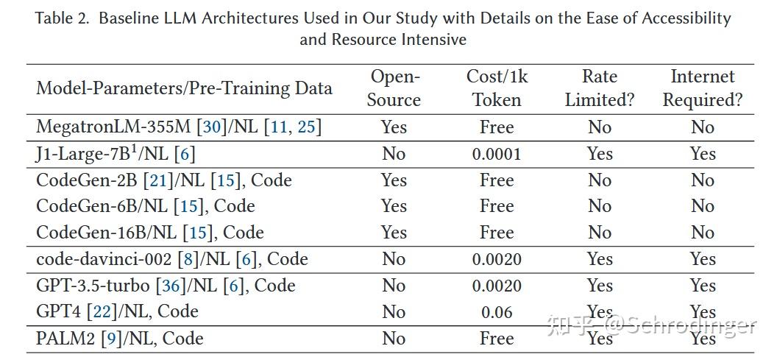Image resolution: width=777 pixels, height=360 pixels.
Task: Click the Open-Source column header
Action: tap(394, 88)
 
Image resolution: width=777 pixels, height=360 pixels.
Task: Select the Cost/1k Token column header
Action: tap(497, 88)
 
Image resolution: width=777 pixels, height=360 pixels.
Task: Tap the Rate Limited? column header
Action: tap(599, 88)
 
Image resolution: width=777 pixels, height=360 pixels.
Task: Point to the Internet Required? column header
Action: tap(702, 88)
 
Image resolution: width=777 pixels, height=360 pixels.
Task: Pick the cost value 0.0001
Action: tap(497, 154)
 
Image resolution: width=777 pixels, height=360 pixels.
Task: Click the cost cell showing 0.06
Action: tap(497, 312)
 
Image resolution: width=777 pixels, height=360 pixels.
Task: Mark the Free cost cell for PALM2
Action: tap(497, 339)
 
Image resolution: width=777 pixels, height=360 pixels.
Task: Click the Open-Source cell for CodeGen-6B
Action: tap(394, 206)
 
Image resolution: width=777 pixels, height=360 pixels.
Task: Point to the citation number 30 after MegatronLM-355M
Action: tap(211, 127)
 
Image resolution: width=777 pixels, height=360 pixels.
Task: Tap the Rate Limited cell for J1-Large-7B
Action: tap(599, 154)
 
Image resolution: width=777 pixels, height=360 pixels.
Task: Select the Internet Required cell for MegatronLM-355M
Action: tap(702, 127)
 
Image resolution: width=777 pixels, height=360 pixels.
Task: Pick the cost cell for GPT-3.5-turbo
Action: tap(497, 286)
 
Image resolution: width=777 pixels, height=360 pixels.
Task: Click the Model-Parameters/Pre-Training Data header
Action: tap(184, 88)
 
